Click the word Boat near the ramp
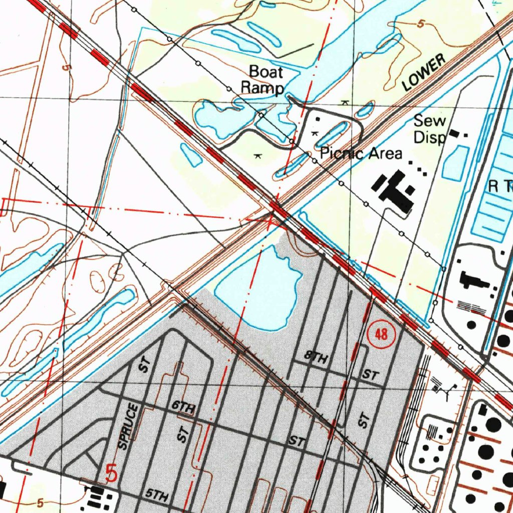click(x=266, y=72)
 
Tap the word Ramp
click(x=262, y=87)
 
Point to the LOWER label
click(x=423, y=73)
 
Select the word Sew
click(x=430, y=121)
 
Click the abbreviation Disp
click(x=429, y=137)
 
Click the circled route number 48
click(x=381, y=334)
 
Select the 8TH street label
click(x=317, y=358)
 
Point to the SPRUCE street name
click(x=128, y=426)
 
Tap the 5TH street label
click(x=157, y=496)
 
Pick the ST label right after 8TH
click(x=371, y=374)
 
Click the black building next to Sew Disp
click(x=455, y=133)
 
